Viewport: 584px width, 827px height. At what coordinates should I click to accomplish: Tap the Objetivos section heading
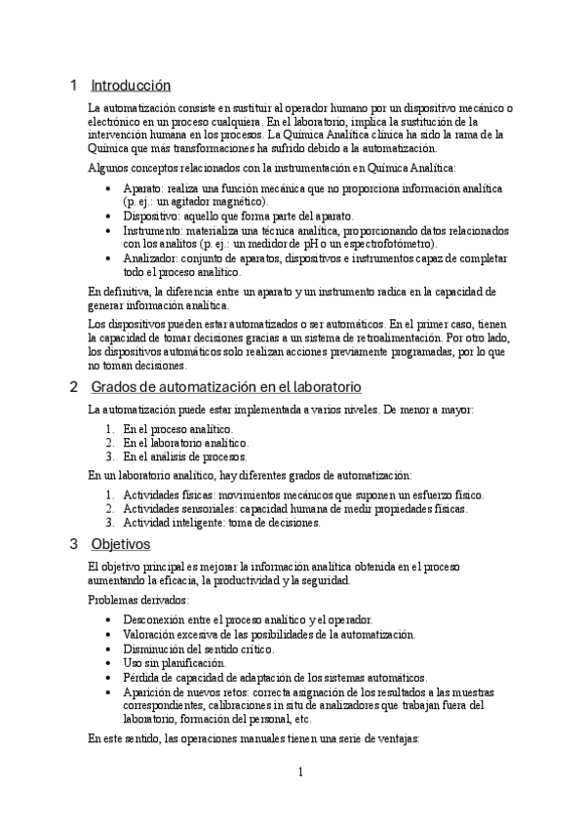120,543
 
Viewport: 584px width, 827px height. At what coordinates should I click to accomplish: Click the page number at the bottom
301,773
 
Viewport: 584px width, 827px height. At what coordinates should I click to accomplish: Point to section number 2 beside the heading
73,387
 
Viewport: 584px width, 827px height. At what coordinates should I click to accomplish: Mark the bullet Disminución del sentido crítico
198,649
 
